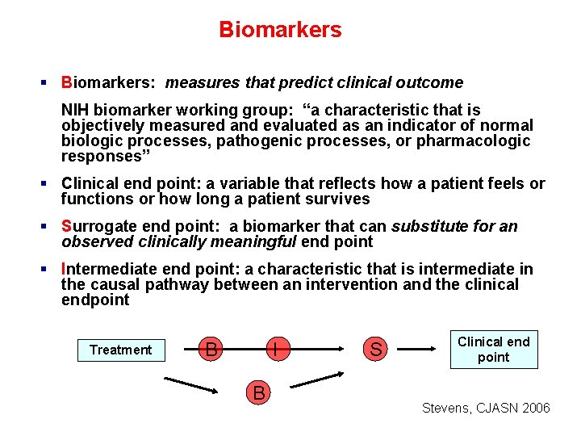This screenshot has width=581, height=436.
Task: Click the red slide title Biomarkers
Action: [x=280, y=30]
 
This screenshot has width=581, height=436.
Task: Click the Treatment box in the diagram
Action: [x=120, y=350]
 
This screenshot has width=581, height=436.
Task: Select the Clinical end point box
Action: [x=493, y=350]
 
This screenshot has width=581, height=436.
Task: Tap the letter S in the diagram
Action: [x=375, y=350]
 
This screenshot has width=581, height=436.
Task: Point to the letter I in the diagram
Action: [x=276, y=350]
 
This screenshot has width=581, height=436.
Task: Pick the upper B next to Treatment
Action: [x=211, y=350]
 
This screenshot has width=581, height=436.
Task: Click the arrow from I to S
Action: [x=320, y=350]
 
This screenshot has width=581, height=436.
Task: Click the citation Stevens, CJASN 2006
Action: [x=486, y=408]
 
